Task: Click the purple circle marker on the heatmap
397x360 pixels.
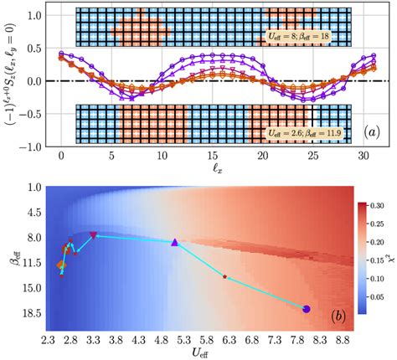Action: click(x=306, y=309)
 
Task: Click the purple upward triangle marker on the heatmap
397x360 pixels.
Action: click(x=175, y=242)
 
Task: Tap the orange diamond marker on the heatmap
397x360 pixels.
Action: click(x=60, y=265)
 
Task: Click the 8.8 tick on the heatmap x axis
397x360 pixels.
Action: click(x=343, y=341)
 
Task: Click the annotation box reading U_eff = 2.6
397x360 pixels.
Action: click(x=296, y=131)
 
